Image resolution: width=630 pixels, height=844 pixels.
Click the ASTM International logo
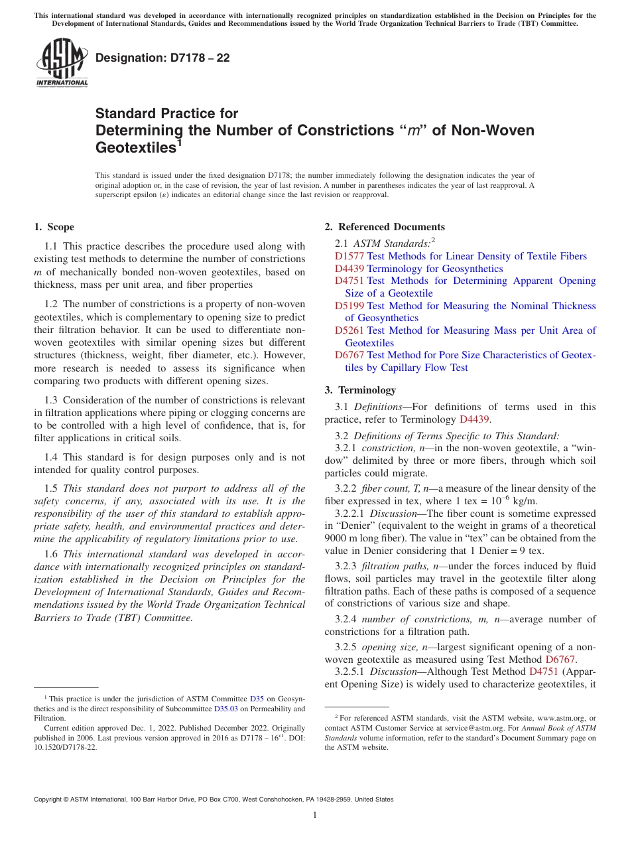point(62,63)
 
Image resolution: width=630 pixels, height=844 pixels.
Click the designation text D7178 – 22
point(162,58)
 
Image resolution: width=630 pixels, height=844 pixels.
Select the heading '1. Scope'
point(54,227)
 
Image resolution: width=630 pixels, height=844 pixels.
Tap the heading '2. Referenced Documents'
point(385,227)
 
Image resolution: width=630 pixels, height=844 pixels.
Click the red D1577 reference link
point(349,256)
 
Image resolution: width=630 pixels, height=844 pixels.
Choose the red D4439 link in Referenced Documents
point(349,269)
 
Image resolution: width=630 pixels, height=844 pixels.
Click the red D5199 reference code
point(349,306)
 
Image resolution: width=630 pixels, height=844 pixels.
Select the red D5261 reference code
point(349,330)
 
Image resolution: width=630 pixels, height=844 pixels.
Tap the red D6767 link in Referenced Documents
point(349,355)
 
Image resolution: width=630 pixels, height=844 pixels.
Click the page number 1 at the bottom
point(315,815)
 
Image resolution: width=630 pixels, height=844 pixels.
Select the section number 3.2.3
point(347,566)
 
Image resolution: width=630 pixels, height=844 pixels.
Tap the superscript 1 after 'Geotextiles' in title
point(180,141)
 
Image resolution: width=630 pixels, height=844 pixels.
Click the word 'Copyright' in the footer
point(50,800)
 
